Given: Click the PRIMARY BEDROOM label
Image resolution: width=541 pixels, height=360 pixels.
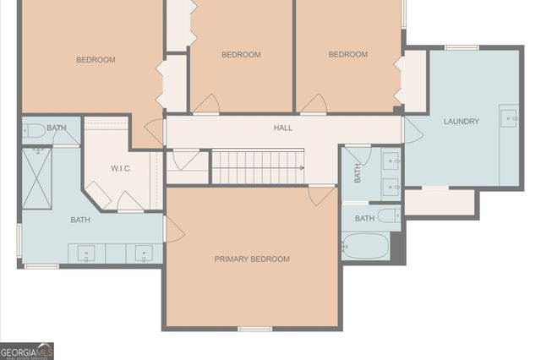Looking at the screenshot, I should pos(252,259).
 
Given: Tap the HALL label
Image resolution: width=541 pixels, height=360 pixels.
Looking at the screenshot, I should pos(282,128).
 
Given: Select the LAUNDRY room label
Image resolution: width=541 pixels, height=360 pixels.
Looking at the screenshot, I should pos(461,122).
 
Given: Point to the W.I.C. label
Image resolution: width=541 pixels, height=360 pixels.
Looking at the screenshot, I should pos(121,168).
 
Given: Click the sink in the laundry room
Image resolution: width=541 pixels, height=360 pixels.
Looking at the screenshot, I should pos(509,119).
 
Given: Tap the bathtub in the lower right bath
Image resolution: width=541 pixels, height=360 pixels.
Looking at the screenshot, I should pos(366,247).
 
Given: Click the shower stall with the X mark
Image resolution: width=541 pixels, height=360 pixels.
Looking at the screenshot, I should pos(37,177).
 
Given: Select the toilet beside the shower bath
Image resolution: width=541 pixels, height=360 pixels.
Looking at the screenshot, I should pos(35,131).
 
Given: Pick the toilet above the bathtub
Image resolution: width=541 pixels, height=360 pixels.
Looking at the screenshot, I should pos(389,216).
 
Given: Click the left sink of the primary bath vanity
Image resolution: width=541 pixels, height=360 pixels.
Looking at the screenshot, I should pos(87,253).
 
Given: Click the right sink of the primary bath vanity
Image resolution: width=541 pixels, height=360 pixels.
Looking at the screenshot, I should pos(144,253).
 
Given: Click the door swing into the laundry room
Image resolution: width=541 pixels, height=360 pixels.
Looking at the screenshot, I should pos(413,130).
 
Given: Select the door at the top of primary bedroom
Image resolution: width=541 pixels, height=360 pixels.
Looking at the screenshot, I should pos(321,195).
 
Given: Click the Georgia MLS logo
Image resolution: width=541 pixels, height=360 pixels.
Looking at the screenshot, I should pos(26,351).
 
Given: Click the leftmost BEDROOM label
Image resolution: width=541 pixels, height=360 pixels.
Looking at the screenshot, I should pos(96,60).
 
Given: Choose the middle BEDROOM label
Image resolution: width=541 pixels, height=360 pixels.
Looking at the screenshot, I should pos(241,55).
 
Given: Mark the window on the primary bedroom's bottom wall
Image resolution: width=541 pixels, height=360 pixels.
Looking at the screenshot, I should pos(254,328).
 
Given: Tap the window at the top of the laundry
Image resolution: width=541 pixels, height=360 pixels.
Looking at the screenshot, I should pos(462,48).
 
